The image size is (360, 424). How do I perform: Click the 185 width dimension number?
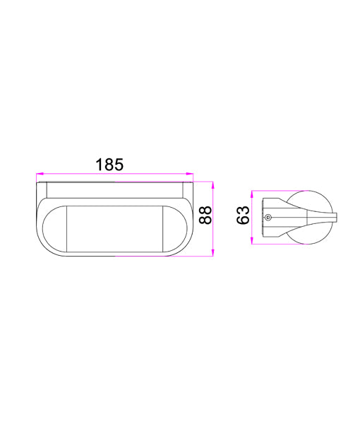[x=109, y=164]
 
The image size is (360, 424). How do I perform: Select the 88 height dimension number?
[x=205, y=215]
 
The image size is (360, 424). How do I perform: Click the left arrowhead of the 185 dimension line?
[x=40, y=172]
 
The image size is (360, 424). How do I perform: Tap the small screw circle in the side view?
[x=268, y=218]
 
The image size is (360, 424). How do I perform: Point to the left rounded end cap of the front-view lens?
[x=54, y=228]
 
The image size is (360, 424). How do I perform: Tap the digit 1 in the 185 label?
[x=99, y=164]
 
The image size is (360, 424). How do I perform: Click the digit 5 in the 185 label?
[x=120, y=164]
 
